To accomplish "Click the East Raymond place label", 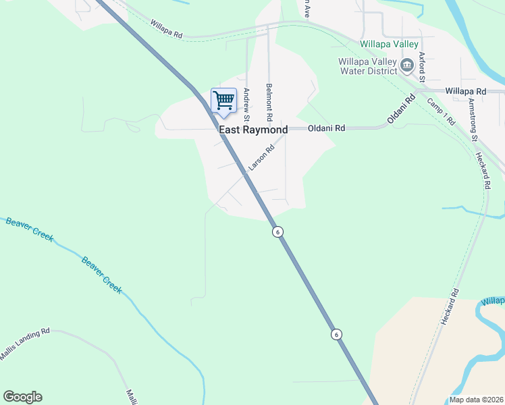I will [253, 130].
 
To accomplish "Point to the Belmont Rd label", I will [269, 98].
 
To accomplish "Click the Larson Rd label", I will [261, 157].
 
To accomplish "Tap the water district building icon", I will [406, 65].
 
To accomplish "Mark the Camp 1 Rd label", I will [442, 111].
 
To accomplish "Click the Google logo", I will [22, 397].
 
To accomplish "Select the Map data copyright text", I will [476, 400].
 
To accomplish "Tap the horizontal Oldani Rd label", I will [327, 128].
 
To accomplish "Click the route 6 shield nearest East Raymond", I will [277, 232].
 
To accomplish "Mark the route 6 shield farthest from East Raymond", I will [336, 334].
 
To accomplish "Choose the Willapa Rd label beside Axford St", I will [466, 91].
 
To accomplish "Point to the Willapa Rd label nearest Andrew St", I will [167, 30].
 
